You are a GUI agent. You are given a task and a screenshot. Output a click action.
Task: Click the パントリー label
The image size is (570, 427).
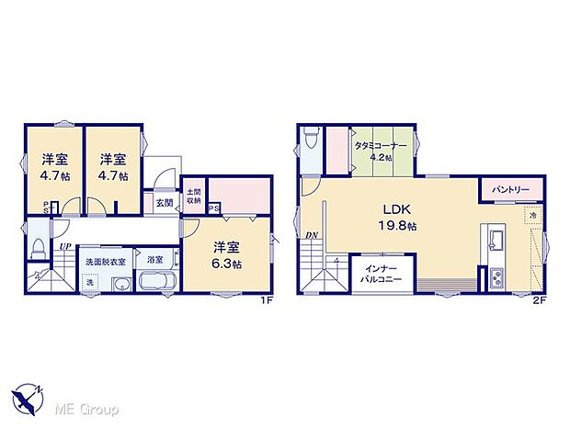[510, 189]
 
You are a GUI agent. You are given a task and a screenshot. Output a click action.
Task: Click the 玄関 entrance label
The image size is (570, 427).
[164, 203]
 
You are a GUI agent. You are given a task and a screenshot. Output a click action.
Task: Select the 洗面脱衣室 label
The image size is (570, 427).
[106, 263]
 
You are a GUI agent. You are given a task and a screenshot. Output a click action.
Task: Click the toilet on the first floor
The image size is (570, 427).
[39, 249]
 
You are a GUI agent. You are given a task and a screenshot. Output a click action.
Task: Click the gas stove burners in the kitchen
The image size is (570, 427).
[497, 276]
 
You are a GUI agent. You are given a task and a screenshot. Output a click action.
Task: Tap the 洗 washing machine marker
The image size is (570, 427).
[90, 283]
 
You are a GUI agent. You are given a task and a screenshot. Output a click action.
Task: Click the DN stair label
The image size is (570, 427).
[312, 235]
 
